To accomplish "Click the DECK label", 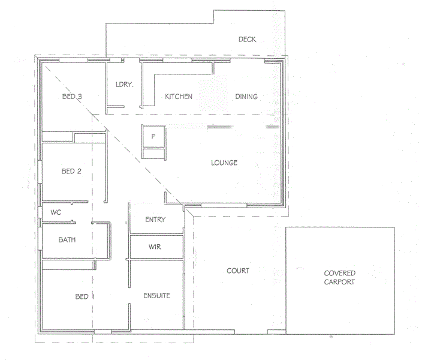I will pyautogui.click(x=247, y=40).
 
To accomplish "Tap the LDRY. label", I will pyautogui.click(x=124, y=85).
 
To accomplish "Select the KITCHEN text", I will pyautogui.click(x=179, y=97).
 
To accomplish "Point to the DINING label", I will pyautogui.click(x=246, y=97).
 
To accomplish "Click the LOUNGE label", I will pyautogui.click(x=225, y=163).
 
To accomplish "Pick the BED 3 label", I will pyautogui.click(x=72, y=97).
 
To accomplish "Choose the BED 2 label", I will pyautogui.click(x=71, y=172).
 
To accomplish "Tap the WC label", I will pyautogui.click(x=56, y=212).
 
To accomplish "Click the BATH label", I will pyautogui.click(x=67, y=240).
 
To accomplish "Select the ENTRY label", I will pyautogui.click(x=155, y=220).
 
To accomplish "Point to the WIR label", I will pyautogui.click(x=155, y=247).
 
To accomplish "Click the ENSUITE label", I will pyautogui.click(x=156, y=296).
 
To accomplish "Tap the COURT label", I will pyautogui.click(x=238, y=271).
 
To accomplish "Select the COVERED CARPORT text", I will pyautogui.click(x=340, y=277).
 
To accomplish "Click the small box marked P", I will pyautogui.click(x=153, y=136).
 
